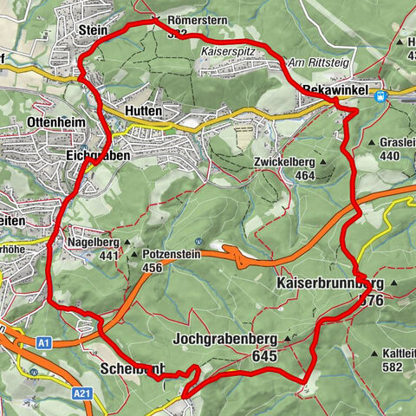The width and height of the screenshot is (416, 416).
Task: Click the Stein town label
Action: click(x=92, y=29)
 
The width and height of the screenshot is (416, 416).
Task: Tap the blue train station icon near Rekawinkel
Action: click(x=380, y=95)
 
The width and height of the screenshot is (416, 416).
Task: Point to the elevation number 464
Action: click(x=304, y=175)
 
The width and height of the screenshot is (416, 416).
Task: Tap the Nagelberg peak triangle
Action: click(x=128, y=243)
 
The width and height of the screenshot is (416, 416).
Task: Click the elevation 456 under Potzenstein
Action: click(x=153, y=268)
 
